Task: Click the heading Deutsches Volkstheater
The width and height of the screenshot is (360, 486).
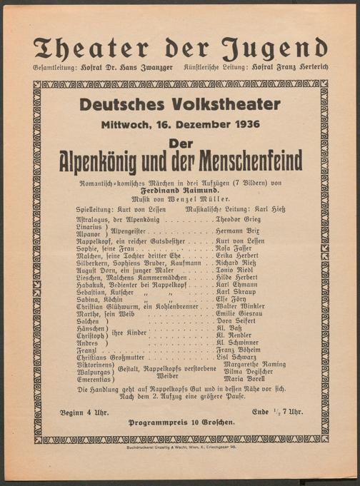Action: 179,104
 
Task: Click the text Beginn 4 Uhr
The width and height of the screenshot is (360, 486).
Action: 82,412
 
